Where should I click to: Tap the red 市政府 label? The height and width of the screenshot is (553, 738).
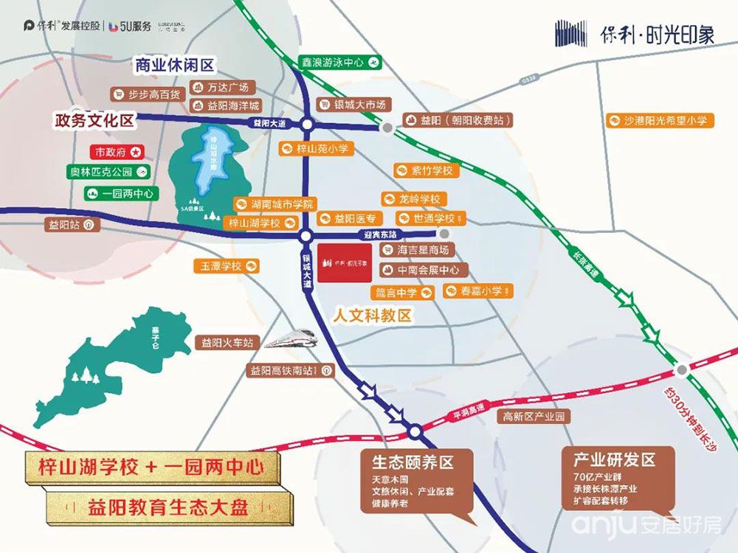tap(119, 152)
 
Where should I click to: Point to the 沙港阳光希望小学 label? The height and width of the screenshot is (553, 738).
tap(660, 120)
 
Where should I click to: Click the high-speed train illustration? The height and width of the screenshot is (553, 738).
tap(292, 339)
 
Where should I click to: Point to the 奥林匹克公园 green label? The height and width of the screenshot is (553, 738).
tap(108, 173)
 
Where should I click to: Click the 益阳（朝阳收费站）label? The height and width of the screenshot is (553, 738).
tap(458, 120)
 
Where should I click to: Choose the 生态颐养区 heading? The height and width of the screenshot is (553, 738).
tap(412, 463)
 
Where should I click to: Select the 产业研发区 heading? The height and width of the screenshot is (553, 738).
tap(614, 460)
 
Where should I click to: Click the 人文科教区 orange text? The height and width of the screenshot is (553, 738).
tap(372, 316)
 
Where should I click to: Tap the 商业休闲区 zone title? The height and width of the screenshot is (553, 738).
tap(174, 66)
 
